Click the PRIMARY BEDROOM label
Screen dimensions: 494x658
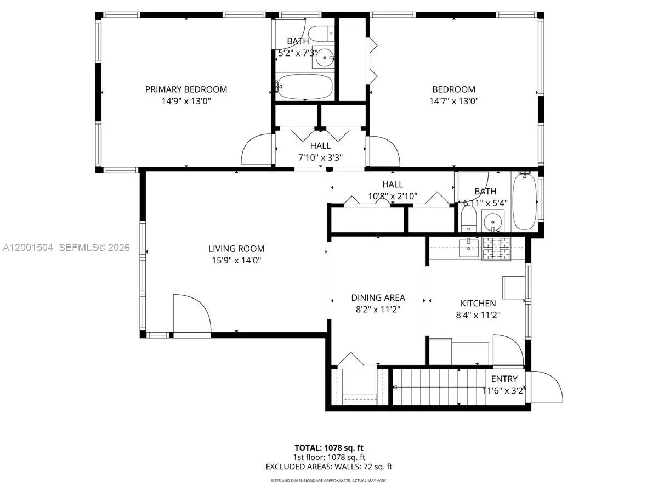click(186, 89)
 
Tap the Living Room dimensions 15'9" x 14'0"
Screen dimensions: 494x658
click(236, 261)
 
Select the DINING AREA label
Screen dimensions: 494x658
click(378, 298)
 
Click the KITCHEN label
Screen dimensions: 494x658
click(478, 304)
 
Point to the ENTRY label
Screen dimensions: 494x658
click(503, 379)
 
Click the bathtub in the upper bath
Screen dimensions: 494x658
click(305, 86)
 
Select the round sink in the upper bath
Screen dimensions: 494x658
click(326, 57)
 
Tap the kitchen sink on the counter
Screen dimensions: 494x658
click(469, 248)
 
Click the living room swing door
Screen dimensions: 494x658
click(191, 314)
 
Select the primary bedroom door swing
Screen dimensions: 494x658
click(257, 148)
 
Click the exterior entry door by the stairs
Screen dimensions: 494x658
click(546, 388)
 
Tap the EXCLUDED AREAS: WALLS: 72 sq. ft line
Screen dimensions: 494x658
click(328, 467)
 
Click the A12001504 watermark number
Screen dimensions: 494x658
click(27, 248)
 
